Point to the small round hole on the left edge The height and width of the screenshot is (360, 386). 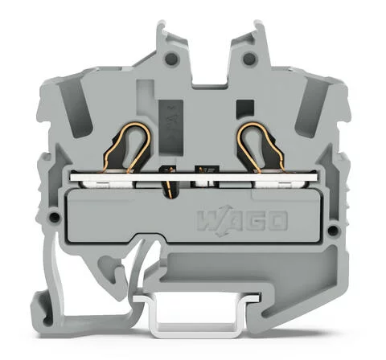[54, 219]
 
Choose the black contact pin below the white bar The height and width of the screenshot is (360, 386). [170, 190]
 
